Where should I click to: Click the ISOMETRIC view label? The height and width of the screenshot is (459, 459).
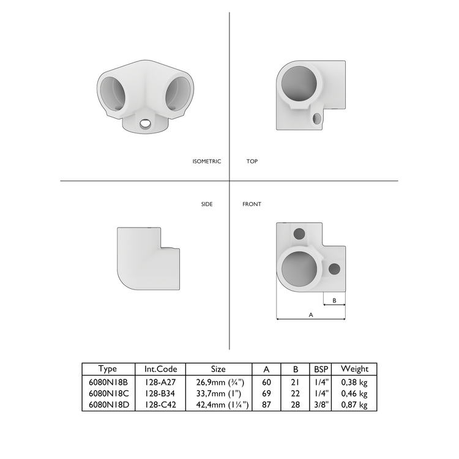(x=206, y=162)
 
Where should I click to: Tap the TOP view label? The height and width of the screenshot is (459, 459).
(x=252, y=162)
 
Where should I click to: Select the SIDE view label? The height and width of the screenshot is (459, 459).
(x=207, y=204)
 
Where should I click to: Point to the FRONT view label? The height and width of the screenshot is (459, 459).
(x=252, y=204)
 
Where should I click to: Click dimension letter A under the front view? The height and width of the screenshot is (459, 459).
(x=311, y=315)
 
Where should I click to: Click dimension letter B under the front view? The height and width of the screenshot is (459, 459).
(x=334, y=300)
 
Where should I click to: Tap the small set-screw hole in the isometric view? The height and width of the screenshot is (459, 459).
(x=146, y=124)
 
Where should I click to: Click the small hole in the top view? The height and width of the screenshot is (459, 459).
(x=316, y=117)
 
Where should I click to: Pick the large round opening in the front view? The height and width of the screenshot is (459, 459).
(x=300, y=270)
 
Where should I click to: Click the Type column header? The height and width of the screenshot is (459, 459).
(x=108, y=369)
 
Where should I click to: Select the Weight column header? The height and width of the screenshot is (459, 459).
(x=354, y=369)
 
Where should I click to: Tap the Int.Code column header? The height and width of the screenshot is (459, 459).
(x=160, y=369)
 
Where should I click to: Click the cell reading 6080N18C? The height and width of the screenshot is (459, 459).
(x=108, y=394)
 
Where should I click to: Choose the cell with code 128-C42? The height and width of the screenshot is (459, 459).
(x=160, y=405)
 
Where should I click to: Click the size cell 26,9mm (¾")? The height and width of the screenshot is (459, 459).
(x=218, y=382)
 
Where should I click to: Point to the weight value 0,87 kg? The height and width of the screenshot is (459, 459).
(x=354, y=405)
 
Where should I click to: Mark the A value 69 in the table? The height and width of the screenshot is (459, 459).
(x=266, y=394)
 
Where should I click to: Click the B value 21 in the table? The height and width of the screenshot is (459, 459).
(x=296, y=382)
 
